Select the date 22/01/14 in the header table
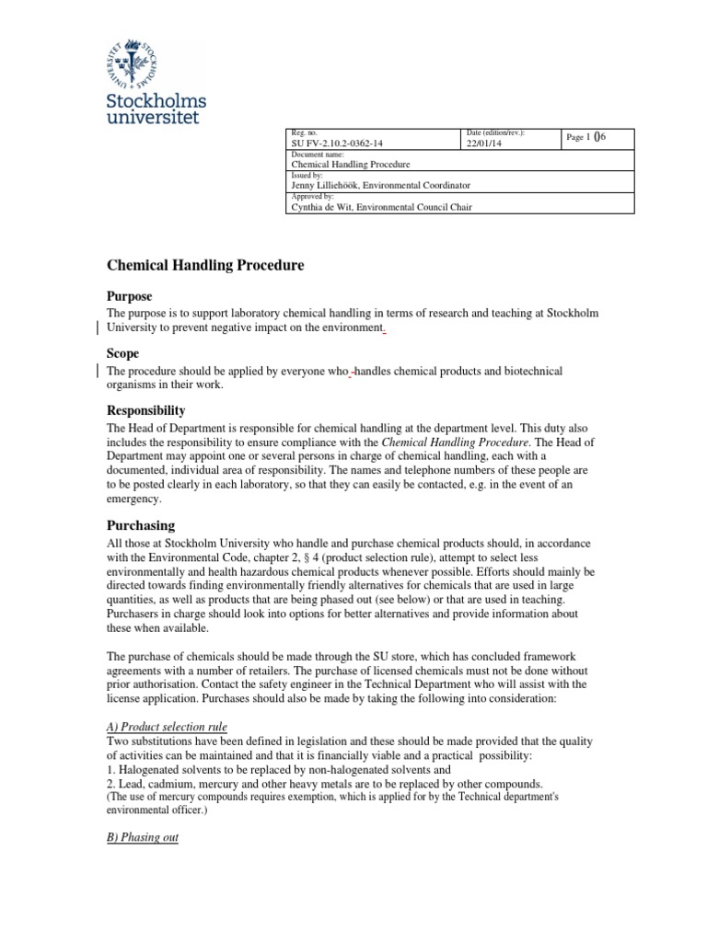point(486,144)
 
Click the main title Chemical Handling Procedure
point(205,266)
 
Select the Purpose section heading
point(130,296)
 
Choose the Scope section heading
point(123,353)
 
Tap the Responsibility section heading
point(146,410)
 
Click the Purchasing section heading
point(141,525)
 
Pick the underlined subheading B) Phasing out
point(143,837)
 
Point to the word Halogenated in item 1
point(147,768)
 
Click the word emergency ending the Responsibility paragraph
point(133,500)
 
